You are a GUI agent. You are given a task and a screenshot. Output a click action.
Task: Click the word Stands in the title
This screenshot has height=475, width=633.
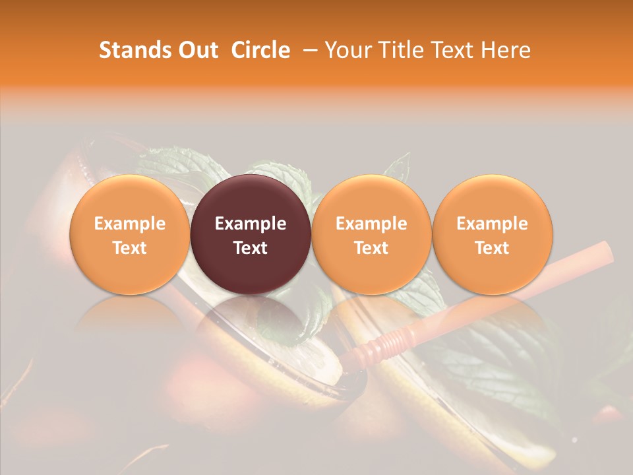click(132, 50)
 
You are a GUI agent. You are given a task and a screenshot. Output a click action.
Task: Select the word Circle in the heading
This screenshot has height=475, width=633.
click(260, 50)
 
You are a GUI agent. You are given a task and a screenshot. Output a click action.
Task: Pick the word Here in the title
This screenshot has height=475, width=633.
click(506, 50)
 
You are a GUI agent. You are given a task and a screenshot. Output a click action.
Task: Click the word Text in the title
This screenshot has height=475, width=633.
click(456, 50)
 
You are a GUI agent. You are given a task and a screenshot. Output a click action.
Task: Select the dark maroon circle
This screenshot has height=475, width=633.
click(250, 198)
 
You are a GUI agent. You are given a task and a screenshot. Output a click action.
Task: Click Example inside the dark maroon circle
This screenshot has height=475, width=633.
click(250, 224)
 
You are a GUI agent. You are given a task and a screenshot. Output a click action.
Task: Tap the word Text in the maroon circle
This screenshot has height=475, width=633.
click(250, 248)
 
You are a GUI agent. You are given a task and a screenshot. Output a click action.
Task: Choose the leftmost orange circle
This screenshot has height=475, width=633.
click(129, 198)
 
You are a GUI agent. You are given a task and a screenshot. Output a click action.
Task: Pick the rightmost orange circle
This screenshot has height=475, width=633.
click(492, 198)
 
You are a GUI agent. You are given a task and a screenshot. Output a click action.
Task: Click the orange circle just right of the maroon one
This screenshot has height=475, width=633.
click(371, 198)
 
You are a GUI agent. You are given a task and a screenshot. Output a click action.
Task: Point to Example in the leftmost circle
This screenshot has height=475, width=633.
click(129, 224)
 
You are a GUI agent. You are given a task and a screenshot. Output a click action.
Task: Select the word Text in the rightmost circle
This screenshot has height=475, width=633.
click(492, 248)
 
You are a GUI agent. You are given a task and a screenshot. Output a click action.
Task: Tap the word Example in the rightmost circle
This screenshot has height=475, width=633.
click(492, 224)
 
